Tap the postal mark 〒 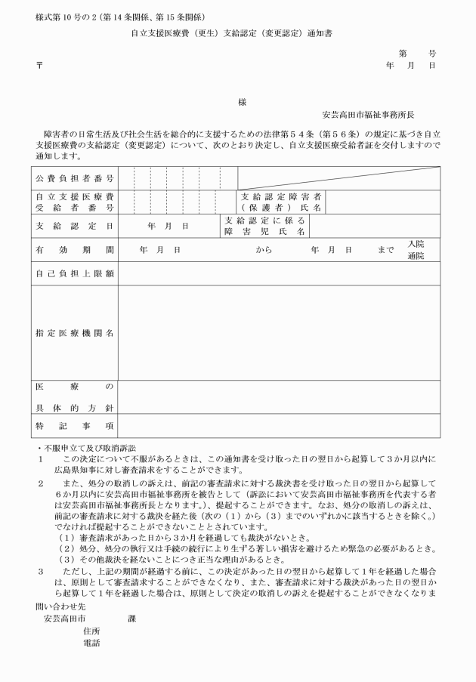tap(39, 66)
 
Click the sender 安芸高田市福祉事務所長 tap(368, 115)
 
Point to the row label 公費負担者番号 tap(75, 178)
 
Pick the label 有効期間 tap(75, 249)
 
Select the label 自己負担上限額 tap(75, 273)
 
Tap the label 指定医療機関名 tap(75, 332)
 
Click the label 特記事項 tap(75, 426)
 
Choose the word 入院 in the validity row tap(416, 244)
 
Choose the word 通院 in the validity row tap(416, 256)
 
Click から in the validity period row tap(264, 249)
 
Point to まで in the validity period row tap(386, 249)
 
